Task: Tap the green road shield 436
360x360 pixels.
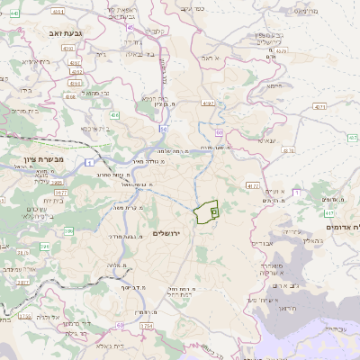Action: click(115, 115)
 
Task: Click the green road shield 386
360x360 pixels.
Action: click(68, 231)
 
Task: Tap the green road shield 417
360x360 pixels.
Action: click(330, 213)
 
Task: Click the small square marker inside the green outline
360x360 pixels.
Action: click(214, 211)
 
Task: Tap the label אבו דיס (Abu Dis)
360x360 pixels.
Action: click(262, 243)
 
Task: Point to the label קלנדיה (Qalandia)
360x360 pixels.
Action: click(155, 32)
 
